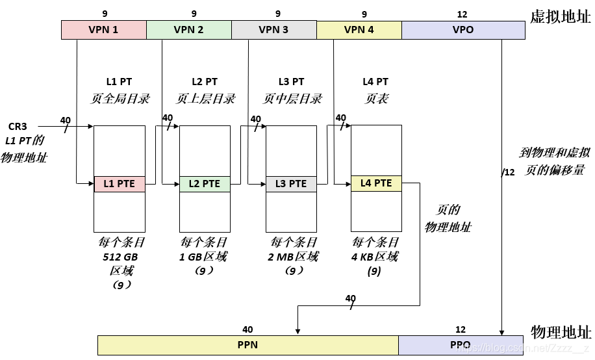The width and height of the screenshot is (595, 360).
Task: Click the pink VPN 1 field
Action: coord(103,30)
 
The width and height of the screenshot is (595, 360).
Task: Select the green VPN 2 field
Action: coord(188,30)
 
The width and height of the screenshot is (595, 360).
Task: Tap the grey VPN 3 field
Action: coord(273,30)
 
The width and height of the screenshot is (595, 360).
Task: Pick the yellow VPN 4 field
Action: coord(359,30)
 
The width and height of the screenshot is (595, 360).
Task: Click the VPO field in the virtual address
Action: coord(462,30)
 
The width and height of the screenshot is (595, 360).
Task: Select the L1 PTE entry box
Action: coord(120,184)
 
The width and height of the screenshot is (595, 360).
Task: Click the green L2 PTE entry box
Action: coord(205,184)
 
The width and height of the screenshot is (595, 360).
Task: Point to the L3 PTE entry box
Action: coord(291,184)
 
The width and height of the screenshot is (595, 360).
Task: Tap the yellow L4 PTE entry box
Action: coord(376,183)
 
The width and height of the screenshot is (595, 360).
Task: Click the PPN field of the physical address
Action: coord(247,345)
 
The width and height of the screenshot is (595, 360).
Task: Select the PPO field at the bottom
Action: coord(460,345)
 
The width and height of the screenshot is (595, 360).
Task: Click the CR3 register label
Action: coord(18,126)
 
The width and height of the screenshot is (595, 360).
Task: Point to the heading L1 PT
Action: coord(120,82)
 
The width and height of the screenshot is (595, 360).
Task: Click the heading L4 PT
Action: coord(375,82)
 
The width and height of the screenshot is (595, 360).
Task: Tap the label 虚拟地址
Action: coord(561,18)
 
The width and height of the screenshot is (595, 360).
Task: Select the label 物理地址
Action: coord(561,331)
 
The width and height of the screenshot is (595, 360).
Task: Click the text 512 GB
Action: coord(120,257)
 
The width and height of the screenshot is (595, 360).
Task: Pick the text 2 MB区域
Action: coord(293,257)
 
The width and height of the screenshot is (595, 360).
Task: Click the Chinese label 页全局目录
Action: coord(120,99)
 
